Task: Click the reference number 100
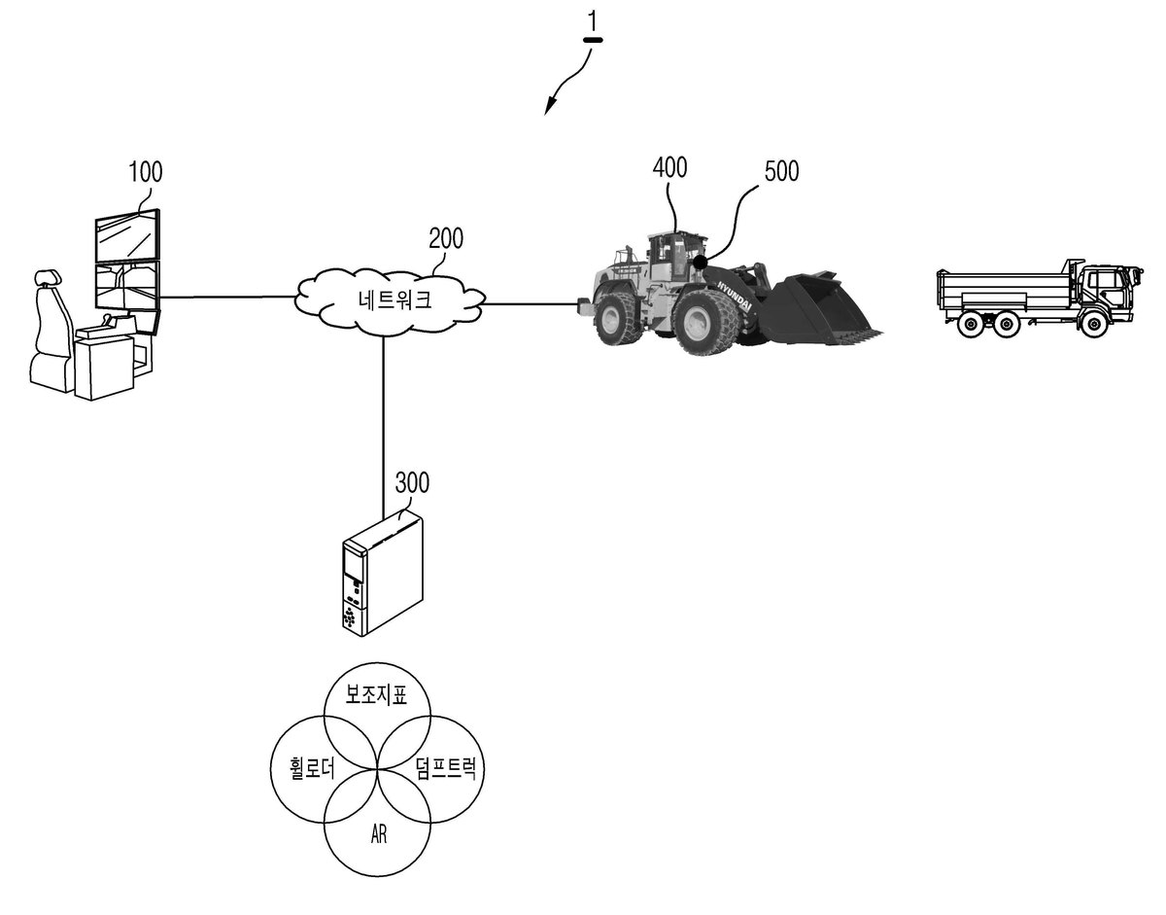[146, 172]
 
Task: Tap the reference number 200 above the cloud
[446, 238]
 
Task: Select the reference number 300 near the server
[412, 482]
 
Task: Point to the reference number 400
[669, 167]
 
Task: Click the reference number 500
[781, 171]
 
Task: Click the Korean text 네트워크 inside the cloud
[394, 299]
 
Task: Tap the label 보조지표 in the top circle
[376, 694]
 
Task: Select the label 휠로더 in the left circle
[312, 768]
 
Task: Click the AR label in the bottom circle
[378, 835]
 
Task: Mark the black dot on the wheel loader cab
[701, 263]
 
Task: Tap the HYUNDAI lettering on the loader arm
[736, 295]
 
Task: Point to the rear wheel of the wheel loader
[619, 319]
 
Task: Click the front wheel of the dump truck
[1093, 325]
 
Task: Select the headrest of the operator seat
[48, 277]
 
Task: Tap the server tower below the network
[383, 576]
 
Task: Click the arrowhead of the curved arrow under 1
[549, 107]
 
